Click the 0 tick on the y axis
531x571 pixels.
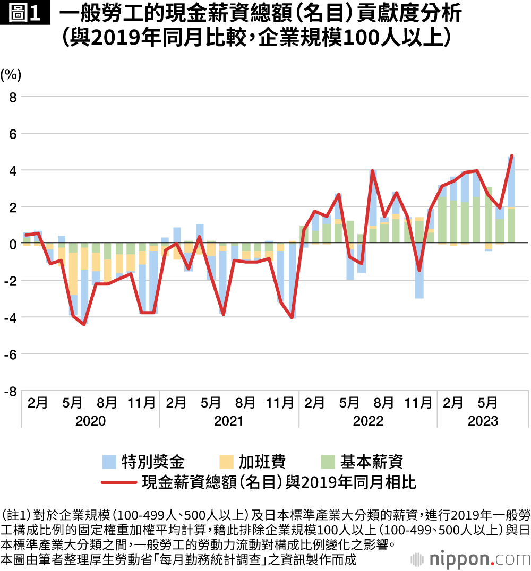[13, 244]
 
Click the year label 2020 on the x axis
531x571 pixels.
[90, 421]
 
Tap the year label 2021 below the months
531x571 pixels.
[229, 421]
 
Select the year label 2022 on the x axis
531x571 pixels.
[368, 421]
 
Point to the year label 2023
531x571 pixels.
[483, 421]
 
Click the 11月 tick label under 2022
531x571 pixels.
[418, 403]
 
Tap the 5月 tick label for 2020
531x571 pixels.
[72, 403]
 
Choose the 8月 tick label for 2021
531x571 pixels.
[245, 403]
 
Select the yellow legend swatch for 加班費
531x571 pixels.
[226, 461]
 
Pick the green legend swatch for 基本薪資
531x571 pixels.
[328, 461]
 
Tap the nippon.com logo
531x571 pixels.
[468, 559]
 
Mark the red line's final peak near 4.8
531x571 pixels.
[511, 156]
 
